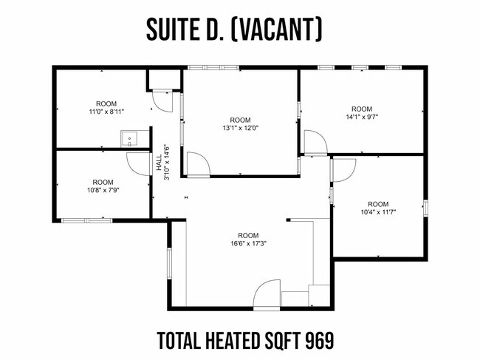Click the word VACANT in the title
coord(276,30)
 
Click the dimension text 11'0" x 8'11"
coord(106,112)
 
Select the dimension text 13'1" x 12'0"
coord(240,128)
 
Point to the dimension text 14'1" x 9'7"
coord(362,117)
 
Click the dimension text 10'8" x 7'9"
coord(103,190)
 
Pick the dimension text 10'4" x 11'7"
coord(378,212)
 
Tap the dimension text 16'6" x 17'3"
coord(248,243)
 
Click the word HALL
coord(159,163)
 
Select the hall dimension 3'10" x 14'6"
coord(167,162)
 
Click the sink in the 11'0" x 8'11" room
coord(130,139)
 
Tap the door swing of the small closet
coord(163,102)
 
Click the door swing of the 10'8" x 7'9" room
coord(139,163)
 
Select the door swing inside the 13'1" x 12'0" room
coord(199,164)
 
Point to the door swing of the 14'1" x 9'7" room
coord(316,141)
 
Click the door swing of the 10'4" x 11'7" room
coord(344,170)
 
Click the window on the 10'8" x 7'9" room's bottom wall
coord(86,220)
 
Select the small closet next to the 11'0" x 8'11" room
coord(165,79)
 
